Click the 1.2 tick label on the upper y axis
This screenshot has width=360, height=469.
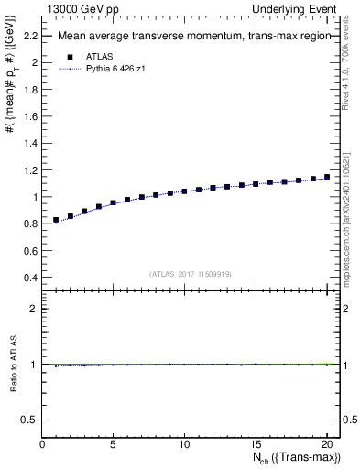[29, 170]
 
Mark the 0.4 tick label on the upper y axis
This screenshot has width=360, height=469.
[29, 278]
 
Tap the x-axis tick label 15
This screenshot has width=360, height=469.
[256, 444]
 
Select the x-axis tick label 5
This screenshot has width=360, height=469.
[113, 444]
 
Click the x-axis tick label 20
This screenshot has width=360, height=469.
[327, 444]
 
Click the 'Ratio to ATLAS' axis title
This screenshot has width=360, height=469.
[12, 364]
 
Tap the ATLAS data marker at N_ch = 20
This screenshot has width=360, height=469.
[327, 177]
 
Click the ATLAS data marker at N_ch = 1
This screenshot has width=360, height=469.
[56, 220]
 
